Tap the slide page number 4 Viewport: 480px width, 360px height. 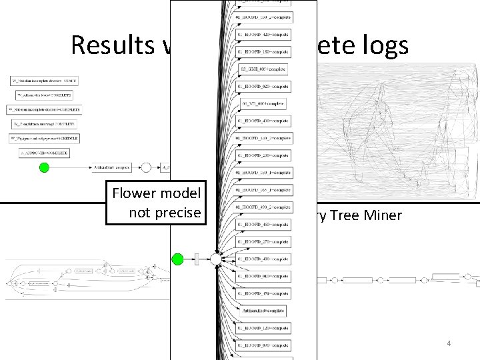point(449,343)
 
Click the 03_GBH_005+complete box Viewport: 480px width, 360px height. point(263,69)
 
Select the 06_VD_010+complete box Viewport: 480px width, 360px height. point(263,104)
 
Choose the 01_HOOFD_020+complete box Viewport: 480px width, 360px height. point(263,87)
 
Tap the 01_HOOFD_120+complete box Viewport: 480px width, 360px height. point(263,328)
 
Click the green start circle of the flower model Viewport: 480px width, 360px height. point(178,259)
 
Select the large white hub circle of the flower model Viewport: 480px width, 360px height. point(216,259)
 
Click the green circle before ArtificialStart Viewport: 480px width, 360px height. point(44,167)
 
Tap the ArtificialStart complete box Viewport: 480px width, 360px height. point(111,167)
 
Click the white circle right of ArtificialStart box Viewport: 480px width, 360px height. point(145,167)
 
